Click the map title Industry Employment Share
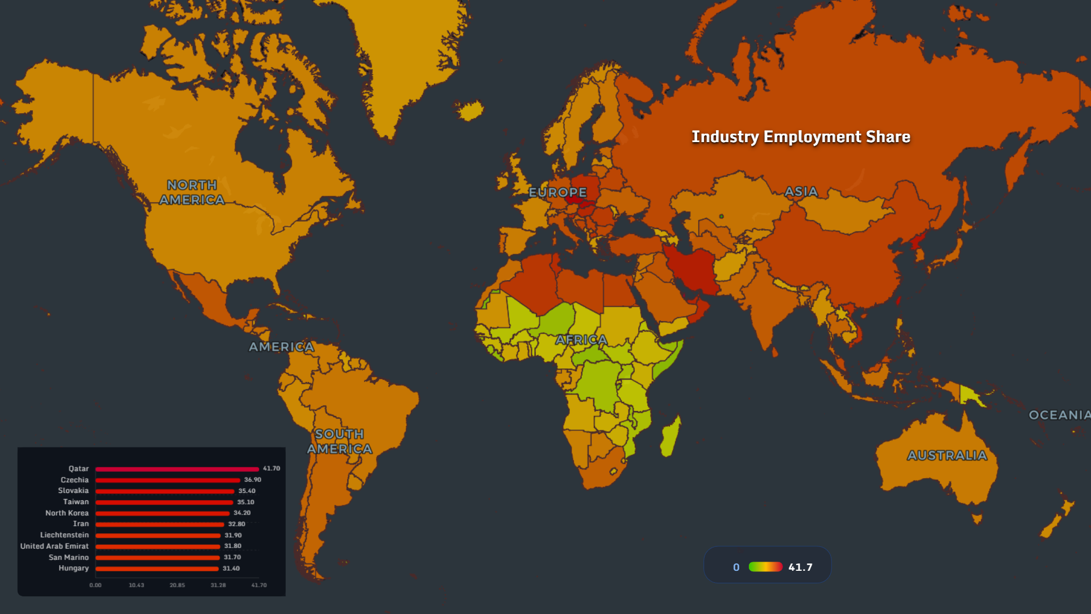pos(801,137)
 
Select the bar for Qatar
pos(177,469)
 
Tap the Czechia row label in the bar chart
pos(74,480)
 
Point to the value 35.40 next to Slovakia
pos(247,491)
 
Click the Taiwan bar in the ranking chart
pos(164,503)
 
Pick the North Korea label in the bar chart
pos(67,513)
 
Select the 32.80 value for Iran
pos(236,524)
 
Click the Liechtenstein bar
pos(158,536)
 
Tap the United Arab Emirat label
pos(55,546)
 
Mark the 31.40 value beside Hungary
pos(231,569)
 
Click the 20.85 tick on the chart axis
pos(177,585)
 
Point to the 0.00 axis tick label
pos(95,585)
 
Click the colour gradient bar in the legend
pos(765,567)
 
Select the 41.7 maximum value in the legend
pos(800,567)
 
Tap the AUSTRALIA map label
pos(947,455)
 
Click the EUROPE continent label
pos(557,193)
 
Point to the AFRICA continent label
pos(581,340)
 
